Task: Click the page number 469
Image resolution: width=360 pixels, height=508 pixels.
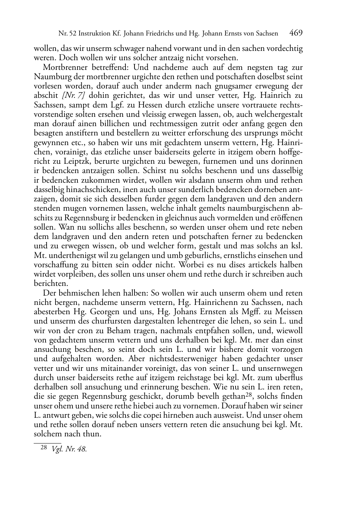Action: (x=296, y=33)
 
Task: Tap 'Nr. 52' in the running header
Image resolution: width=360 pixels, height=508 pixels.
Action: (x=66, y=34)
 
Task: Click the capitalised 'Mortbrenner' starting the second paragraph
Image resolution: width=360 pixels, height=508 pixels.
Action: (x=63, y=67)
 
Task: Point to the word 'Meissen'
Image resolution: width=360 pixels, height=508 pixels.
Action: (x=289, y=312)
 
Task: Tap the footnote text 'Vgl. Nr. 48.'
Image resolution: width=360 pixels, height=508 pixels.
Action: (x=69, y=449)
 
